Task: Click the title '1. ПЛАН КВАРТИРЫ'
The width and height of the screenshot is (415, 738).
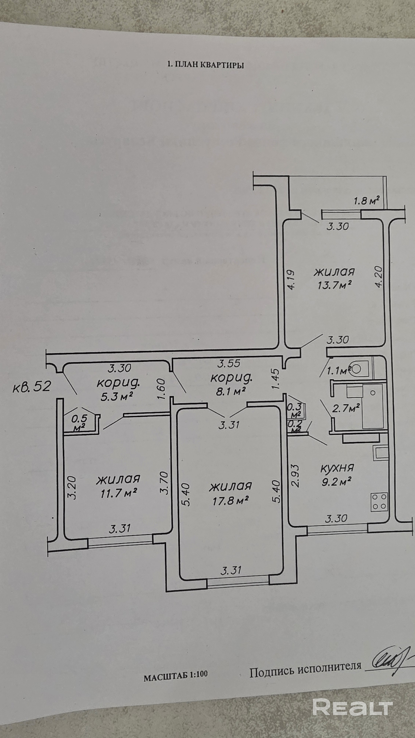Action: (205, 65)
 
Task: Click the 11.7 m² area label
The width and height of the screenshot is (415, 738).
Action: (118, 493)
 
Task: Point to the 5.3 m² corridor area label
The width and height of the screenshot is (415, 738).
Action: (118, 396)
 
